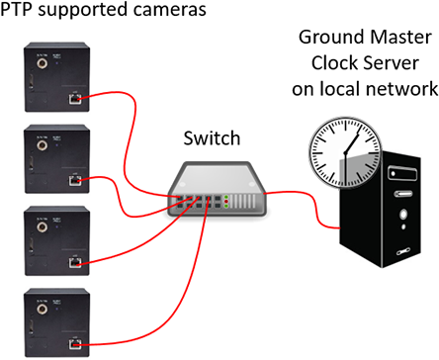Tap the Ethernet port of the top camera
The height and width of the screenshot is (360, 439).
[x=75, y=97]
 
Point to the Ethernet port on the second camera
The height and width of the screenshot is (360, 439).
[x=75, y=180]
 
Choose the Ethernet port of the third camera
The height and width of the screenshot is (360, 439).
[x=75, y=262]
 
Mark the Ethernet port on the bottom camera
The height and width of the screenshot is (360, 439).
[x=75, y=344]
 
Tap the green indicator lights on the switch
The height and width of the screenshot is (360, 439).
[x=226, y=203]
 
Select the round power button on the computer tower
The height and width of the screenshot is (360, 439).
[x=402, y=213]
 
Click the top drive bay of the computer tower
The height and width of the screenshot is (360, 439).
[x=401, y=174]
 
